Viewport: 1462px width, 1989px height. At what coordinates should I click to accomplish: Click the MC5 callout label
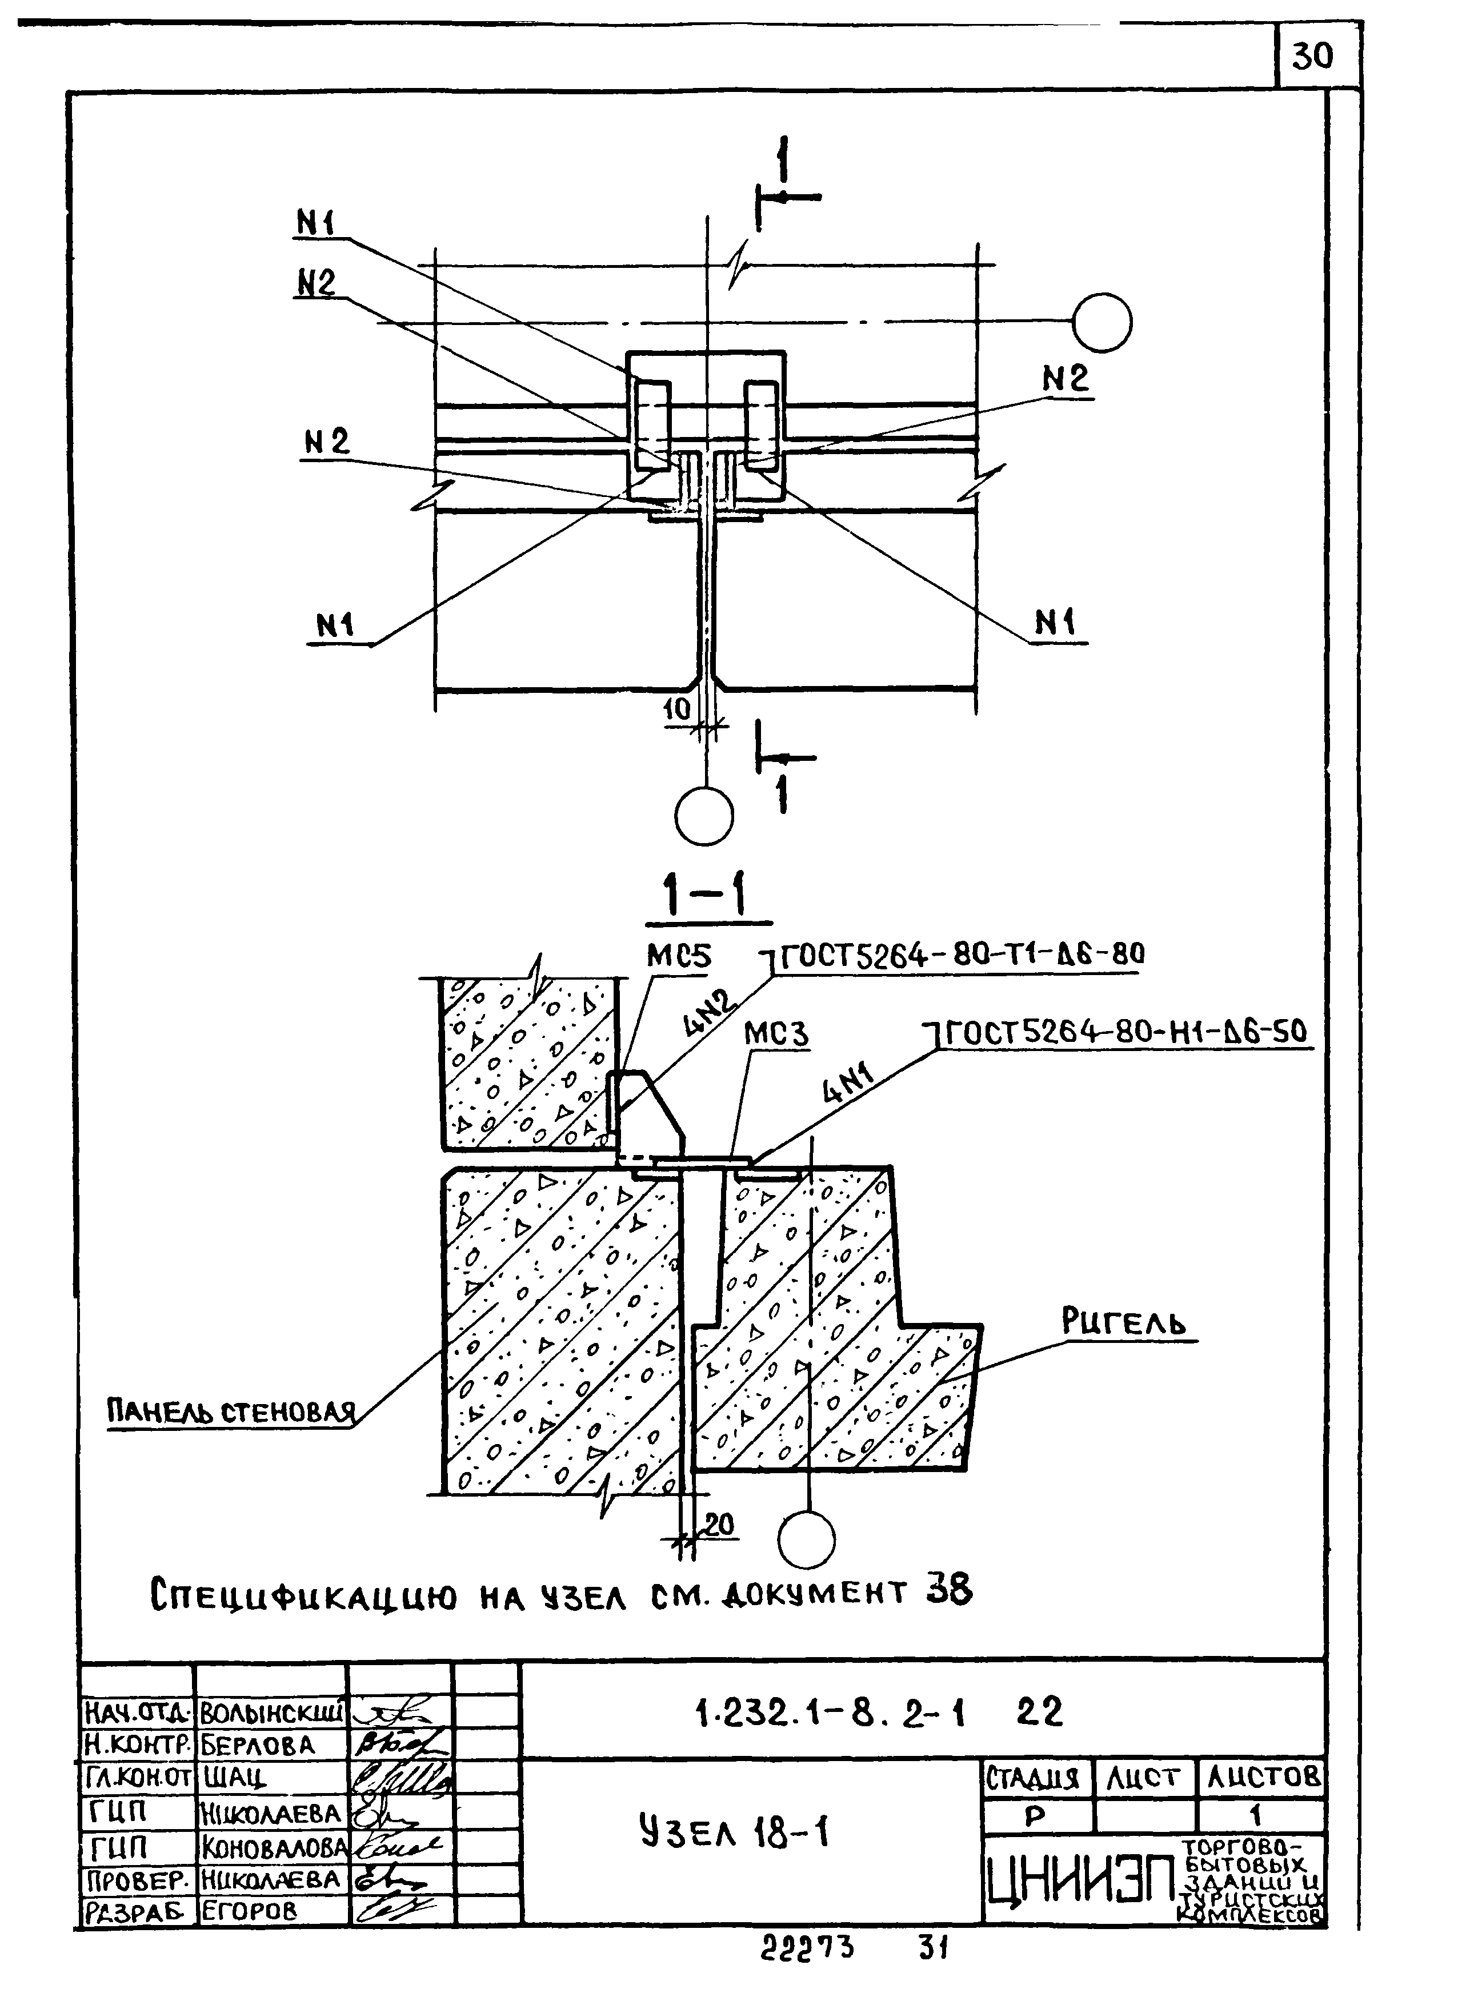pos(678,956)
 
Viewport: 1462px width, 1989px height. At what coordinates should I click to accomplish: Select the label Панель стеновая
pos(232,1411)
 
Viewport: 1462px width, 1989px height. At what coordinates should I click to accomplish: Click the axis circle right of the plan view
pos(1102,322)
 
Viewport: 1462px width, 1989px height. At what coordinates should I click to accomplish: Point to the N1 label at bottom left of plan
pos(335,625)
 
